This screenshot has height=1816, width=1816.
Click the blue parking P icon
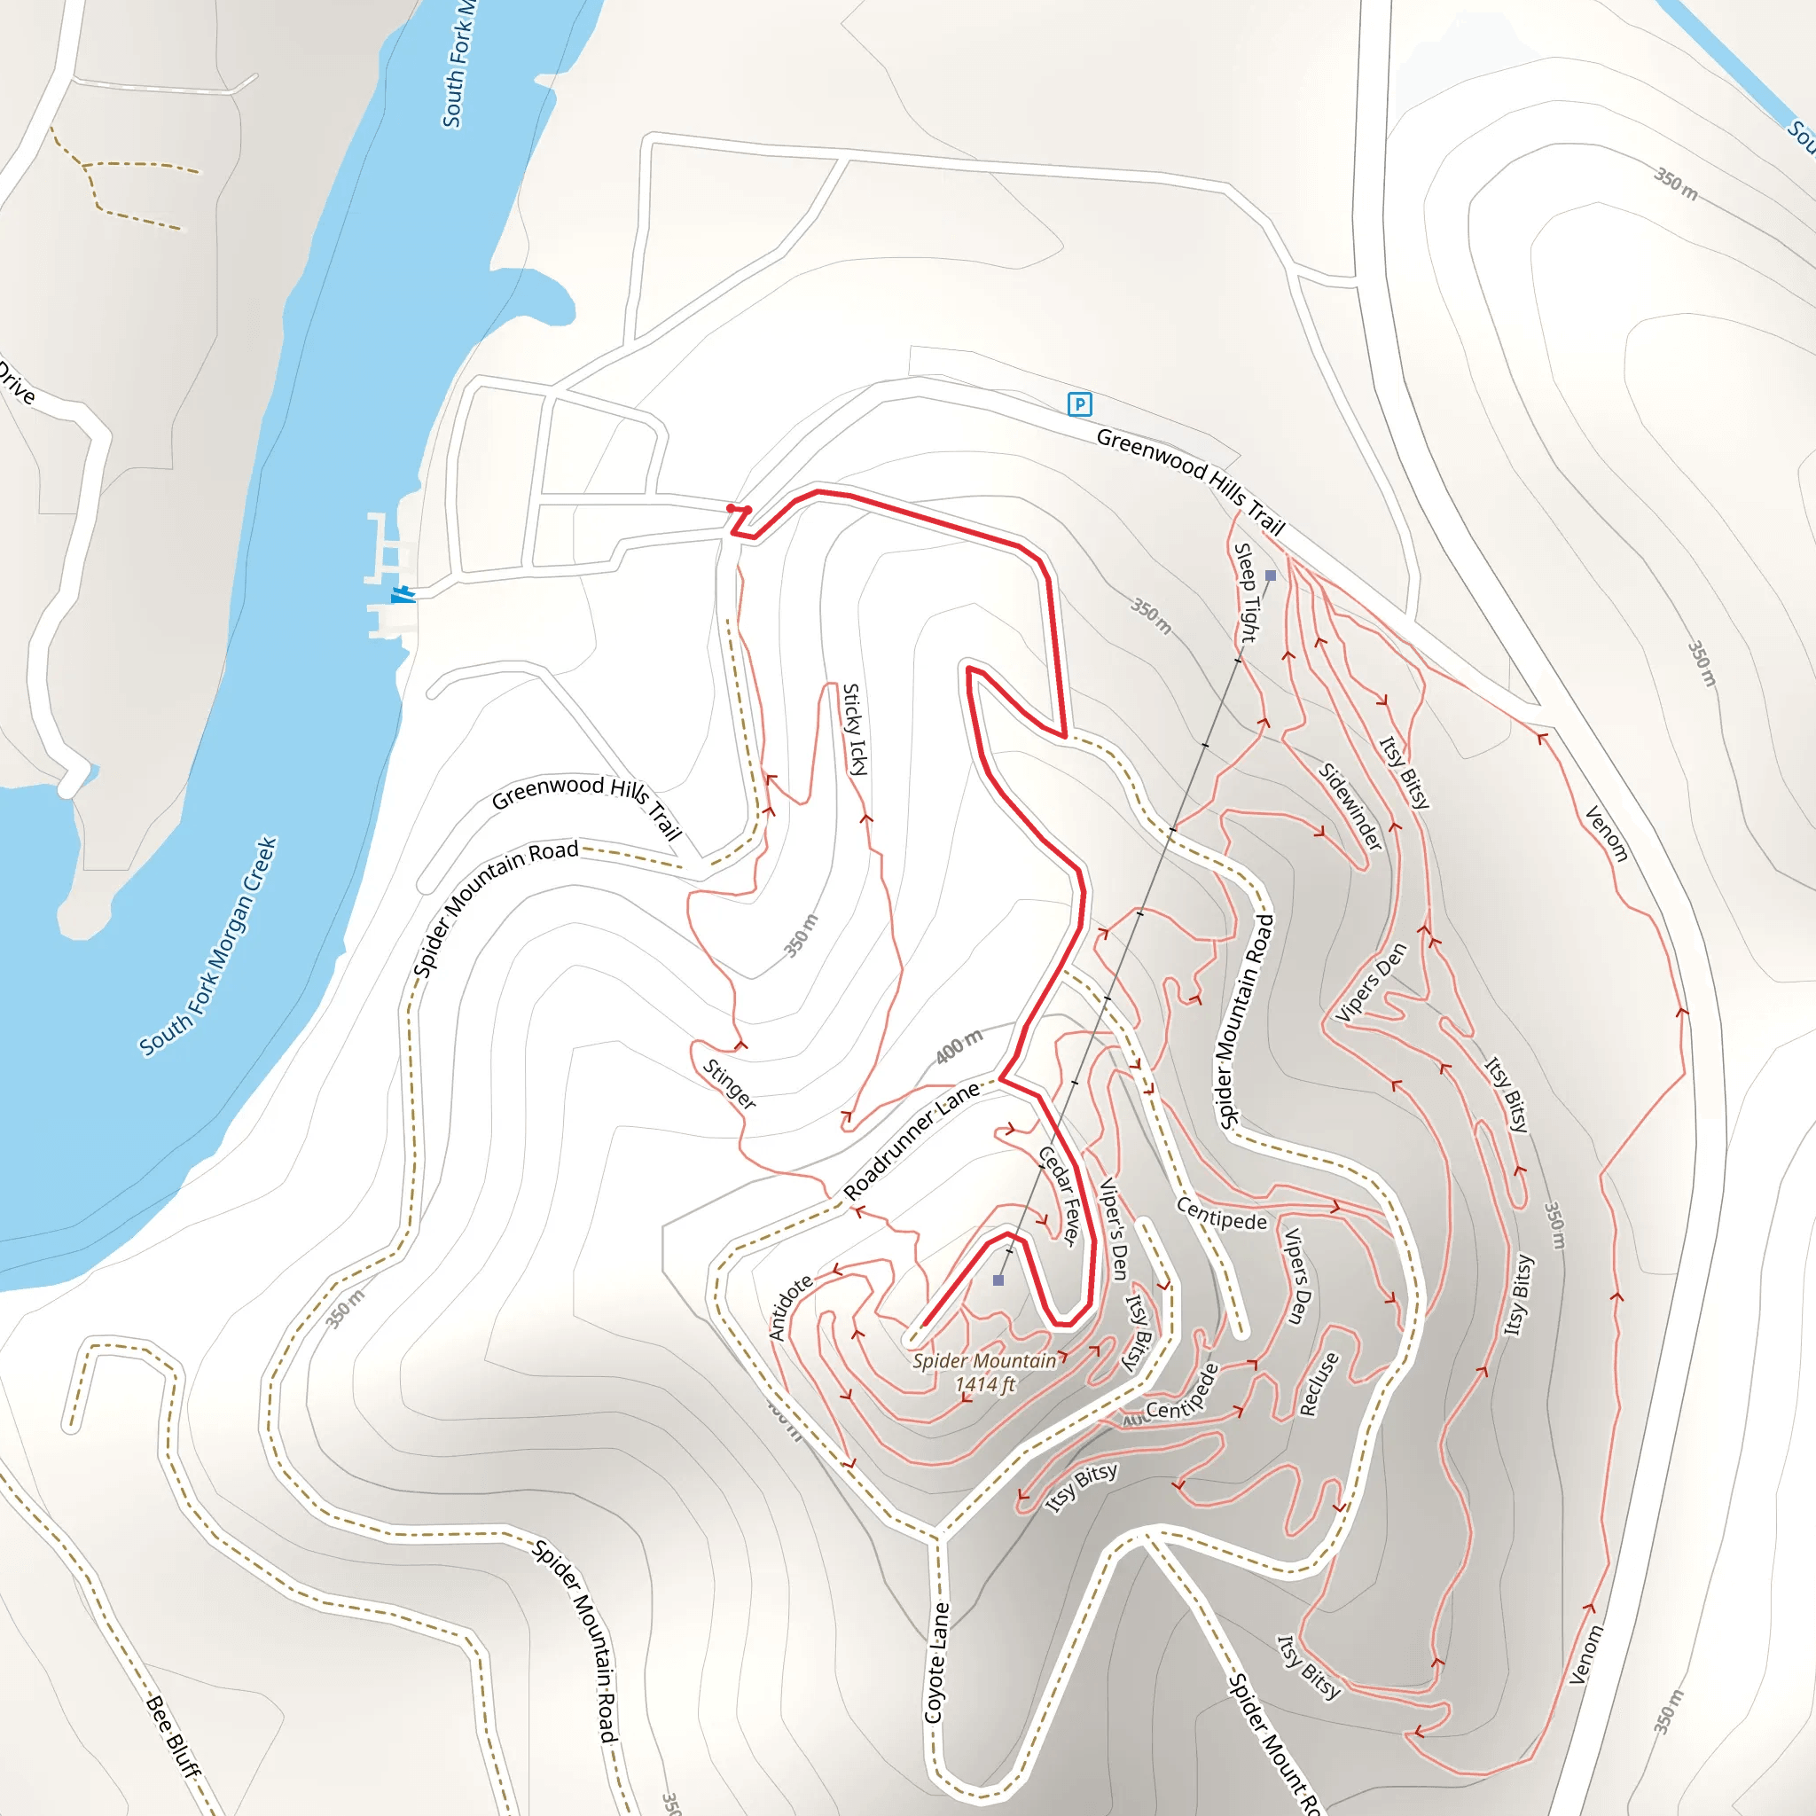click(1080, 404)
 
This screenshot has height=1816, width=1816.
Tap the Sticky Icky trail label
click(854, 730)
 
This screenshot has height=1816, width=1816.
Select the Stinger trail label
click(730, 1084)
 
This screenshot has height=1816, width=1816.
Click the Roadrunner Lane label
click(912, 1141)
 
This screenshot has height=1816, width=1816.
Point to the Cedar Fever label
click(1060, 1196)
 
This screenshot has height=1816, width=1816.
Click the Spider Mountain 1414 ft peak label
click(984, 1373)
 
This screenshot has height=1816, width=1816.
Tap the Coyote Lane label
click(937, 1663)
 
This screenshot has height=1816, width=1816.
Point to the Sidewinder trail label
click(1350, 807)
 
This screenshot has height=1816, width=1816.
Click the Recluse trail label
click(1319, 1383)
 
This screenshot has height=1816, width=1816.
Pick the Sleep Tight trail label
click(1246, 593)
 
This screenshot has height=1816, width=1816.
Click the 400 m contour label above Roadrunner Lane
click(959, 1046)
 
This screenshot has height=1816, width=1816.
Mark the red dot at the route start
click(732, 508)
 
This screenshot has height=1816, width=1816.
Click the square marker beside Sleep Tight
click(1271, 575)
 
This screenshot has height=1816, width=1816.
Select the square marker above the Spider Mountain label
click(998, 1280)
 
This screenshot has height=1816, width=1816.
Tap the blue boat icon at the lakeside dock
click(403, 594)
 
